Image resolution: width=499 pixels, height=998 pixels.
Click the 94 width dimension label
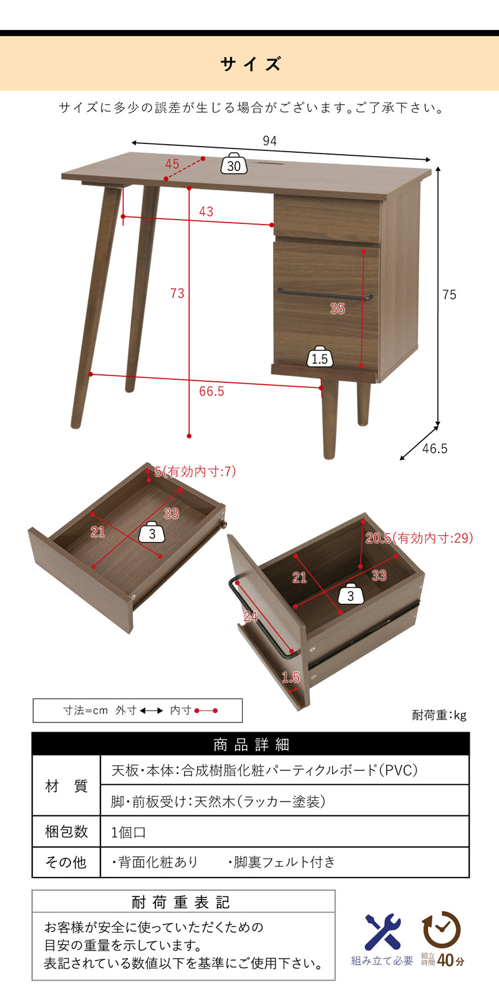tap(269, 141)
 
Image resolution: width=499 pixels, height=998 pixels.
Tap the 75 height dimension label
tap(449, 294)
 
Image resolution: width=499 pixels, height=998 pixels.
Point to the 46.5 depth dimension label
tap(434, 448)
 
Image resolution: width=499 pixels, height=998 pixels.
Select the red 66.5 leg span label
tap(211, 391)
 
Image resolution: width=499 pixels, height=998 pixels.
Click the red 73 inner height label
tap(177, 293)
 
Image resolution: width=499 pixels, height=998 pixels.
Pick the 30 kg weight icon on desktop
tap(234, 163)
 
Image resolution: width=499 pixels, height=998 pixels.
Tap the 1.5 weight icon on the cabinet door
tap(320, 356)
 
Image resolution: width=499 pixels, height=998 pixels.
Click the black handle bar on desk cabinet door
tap(325, 294)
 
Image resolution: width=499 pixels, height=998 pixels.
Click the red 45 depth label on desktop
tap(172, 163)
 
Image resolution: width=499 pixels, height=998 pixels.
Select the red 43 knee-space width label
tap(206, 211)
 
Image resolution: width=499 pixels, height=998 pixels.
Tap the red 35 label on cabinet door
tap(337, 308)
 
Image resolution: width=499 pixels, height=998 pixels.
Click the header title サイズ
tap(250, 64)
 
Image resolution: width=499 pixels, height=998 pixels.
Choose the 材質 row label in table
tap(66, 786)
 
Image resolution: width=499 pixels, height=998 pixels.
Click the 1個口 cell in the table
tap(128, 832)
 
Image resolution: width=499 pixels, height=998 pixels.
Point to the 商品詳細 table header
tap(251, 745)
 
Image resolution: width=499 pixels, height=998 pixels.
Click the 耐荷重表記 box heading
tap(181, 902)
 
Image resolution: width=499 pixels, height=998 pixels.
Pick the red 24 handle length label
tap(250, 617)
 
